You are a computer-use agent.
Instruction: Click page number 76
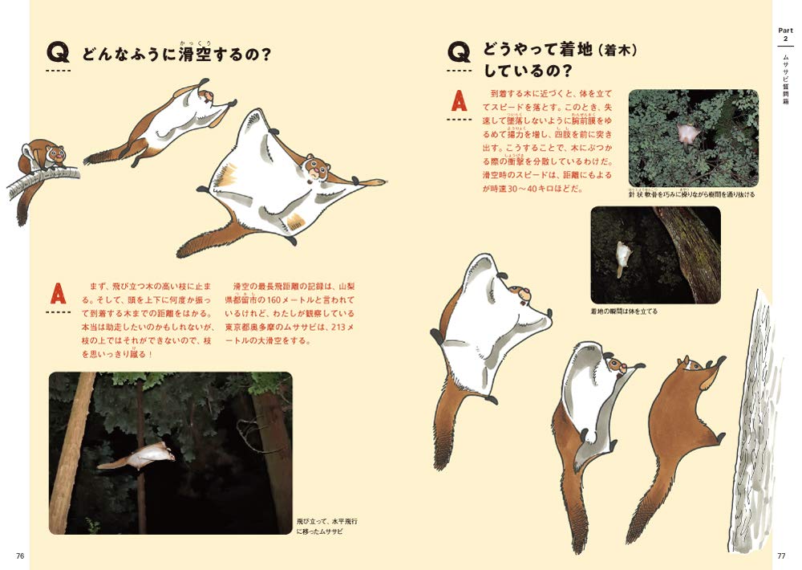click(21, 556)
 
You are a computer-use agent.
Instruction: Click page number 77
click(781, 556)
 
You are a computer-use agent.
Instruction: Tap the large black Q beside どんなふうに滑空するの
click(59, 54)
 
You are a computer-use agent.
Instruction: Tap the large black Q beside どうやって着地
click(460, 53)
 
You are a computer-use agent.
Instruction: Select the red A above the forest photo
click(58, 292)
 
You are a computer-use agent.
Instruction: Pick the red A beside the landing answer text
click(459, 103)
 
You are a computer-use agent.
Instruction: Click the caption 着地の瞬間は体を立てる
click(623, 311)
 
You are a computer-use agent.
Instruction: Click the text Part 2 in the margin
click(785, 35)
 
